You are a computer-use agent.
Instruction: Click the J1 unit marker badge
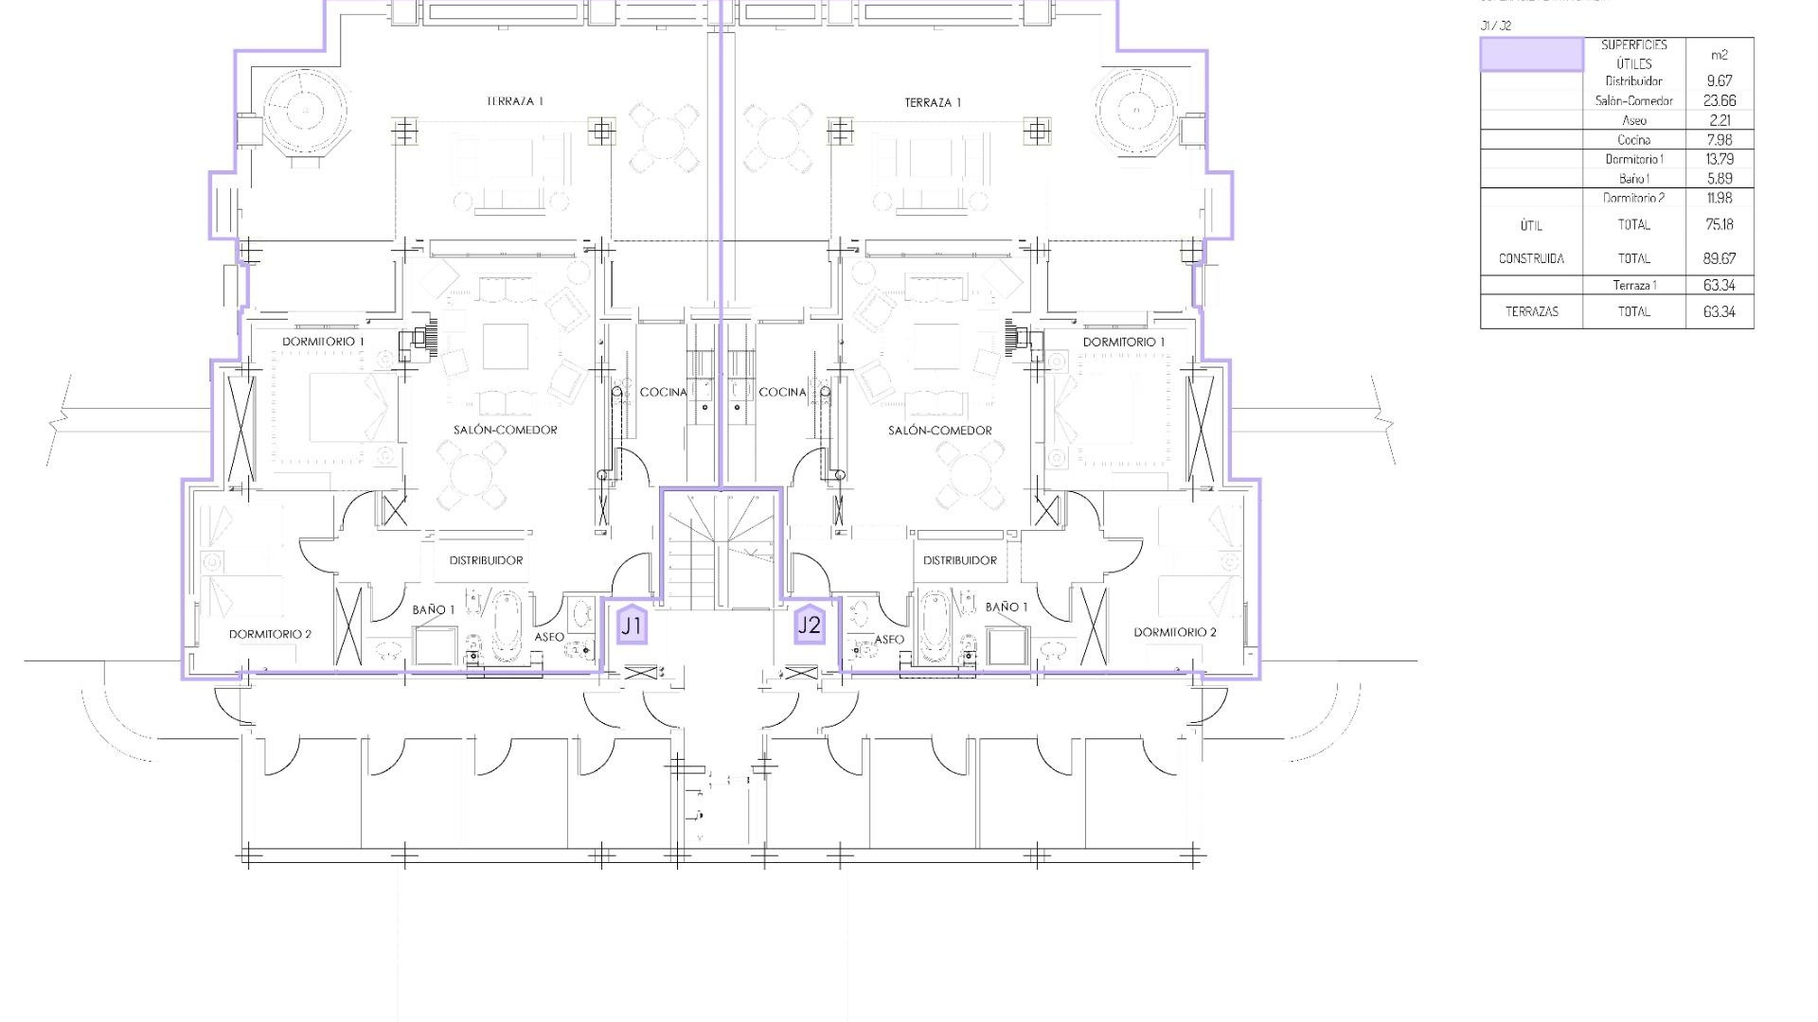click(x=632, y=626)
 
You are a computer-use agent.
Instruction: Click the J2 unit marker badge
click(x=810, y=625)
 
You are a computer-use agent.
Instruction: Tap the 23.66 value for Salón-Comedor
click(x=1719, y=100)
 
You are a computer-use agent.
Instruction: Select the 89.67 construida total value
click(x=1719, y=258)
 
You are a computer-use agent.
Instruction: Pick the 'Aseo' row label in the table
click(x=1633, y=120)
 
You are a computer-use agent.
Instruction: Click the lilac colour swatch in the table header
click(x=1531, y=54)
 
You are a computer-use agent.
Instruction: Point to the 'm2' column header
click(x=1719, y=55)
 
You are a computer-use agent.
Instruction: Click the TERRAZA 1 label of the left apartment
click(x=515, y=101)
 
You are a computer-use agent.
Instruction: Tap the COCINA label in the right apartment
click(x=782, y=392)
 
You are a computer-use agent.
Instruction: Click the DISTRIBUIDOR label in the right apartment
click(x=959, y=560)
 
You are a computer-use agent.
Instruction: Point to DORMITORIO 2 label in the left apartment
click(x=270, y=634)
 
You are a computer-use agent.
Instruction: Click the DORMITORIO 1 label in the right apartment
click(x=1124, y=342)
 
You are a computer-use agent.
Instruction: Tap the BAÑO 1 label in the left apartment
click(x=433, y=609)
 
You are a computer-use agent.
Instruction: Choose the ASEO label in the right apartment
click(x=888, y=640)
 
